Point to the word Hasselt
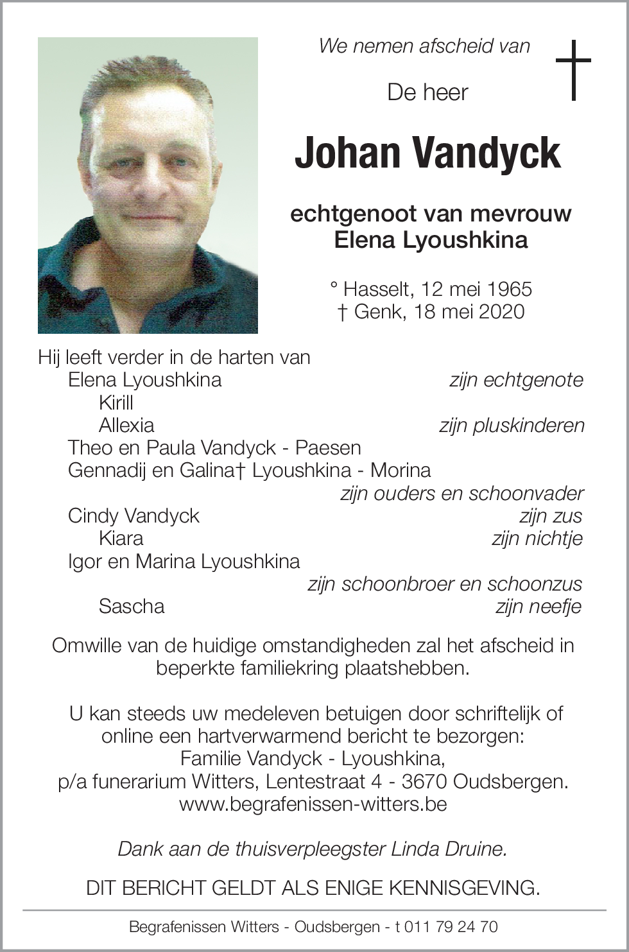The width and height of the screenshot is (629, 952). pyautogui.click(x=378, y=289)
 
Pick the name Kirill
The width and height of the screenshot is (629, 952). pyautogui.click(x=116, y=402)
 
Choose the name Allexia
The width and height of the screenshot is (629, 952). pyautogui.click(x=126, y=425)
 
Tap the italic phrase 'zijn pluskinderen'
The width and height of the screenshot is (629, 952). pyautogui.click(x=512, y=425)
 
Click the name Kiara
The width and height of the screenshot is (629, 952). pyautogui.click(x=121, y=538)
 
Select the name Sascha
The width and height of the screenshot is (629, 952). pyautogui.click(x=132, y=606)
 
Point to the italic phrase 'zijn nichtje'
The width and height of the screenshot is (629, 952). pyautogui.click(x=537, y=538)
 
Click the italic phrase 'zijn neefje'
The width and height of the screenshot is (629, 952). pyautogui.click(x=538, y=606)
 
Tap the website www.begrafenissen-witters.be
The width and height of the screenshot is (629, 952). pyautogui.click(x=313, y=804)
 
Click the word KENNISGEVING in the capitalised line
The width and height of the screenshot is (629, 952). pyautogui.click(x=464, y=888)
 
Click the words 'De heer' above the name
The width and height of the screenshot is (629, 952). pyautogui.click(x=427, y=92)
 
